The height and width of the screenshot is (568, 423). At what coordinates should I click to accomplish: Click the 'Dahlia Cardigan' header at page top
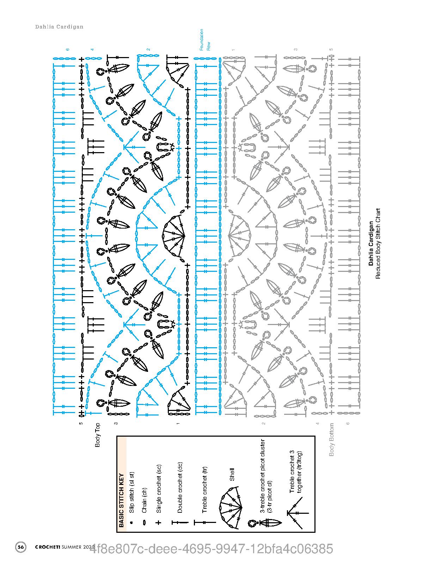[59, 27]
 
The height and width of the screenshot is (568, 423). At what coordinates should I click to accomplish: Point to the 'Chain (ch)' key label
[144, 500]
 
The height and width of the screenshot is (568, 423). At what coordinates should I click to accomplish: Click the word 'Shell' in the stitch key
[232, 475]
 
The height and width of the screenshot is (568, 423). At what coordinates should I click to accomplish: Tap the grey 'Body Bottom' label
[331, 439]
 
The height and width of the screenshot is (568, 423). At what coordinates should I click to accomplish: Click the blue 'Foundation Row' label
[205, 40]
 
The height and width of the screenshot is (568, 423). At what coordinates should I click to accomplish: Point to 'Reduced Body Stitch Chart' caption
[378, 244]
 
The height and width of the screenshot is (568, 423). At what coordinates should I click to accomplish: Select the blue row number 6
[68, 49]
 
